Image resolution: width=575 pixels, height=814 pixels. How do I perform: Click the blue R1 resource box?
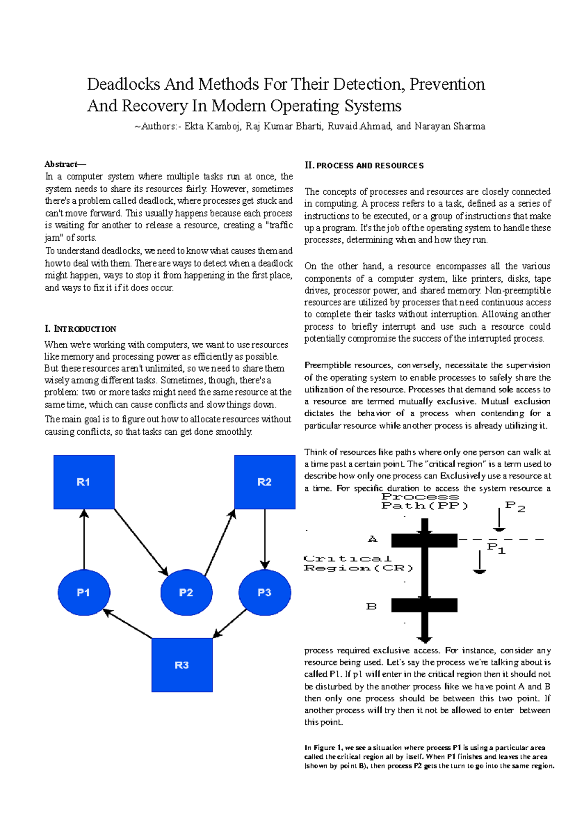point(84,482)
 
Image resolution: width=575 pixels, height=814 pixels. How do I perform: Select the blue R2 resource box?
point(264,482)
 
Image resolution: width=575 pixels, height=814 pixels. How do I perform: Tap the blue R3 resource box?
point(182,664)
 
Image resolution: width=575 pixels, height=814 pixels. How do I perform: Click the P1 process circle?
point(84,593)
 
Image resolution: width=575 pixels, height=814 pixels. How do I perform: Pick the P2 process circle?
point(186,593)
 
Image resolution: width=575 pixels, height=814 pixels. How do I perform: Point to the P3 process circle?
point(264,593)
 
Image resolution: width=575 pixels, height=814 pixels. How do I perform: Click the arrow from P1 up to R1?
point(84,539)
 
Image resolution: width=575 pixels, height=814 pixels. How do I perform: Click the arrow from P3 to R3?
point(230,623)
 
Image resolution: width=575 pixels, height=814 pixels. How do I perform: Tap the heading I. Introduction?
point(80,329)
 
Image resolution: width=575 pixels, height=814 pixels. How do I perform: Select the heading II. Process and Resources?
point(364,165)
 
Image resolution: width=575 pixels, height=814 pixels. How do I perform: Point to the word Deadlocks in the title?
point(123,84)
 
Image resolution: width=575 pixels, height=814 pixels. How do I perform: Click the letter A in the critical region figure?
point(372,539)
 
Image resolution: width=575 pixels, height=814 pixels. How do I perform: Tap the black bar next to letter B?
point(424,605)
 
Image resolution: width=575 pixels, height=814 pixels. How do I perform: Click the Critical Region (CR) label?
point(358,563)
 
